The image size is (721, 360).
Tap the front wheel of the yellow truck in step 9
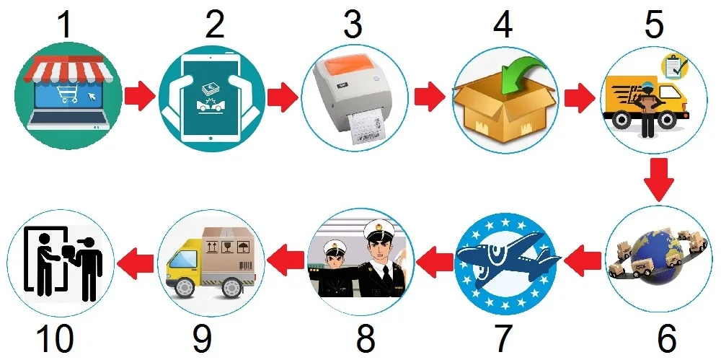tap(187, 288)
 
